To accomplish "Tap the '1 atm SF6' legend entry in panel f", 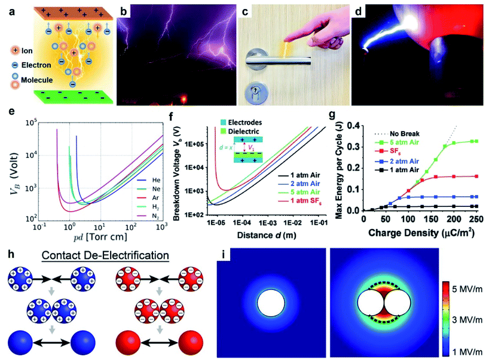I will (301, 203).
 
